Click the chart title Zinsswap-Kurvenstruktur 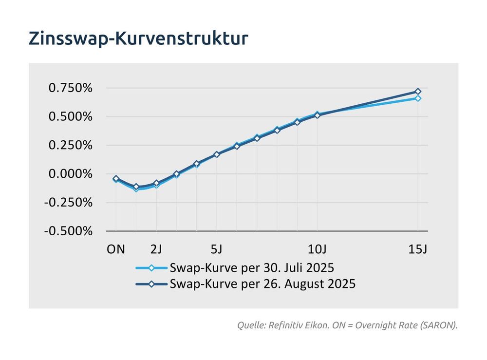[138, 38]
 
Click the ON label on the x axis [116, 249]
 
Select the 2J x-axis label [156, 249]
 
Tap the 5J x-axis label [217, 249]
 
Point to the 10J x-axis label [317, 249]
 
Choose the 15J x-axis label [417, 249]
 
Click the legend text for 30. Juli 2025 [252, 268]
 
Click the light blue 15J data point [418, 98]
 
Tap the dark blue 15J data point [418, 92]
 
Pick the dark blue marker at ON [116, 179]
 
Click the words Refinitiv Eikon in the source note [291, 325]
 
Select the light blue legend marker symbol [151, 268]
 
